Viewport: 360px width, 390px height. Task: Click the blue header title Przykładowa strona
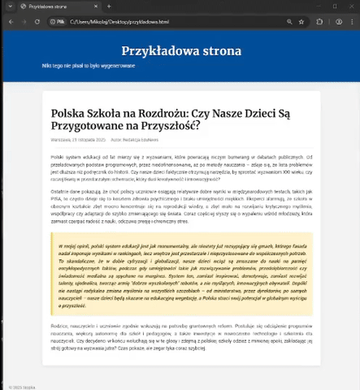pos(180,49)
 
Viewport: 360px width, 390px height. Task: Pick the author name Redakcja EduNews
pos(140,140)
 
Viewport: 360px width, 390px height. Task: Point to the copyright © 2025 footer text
pos(15,386)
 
